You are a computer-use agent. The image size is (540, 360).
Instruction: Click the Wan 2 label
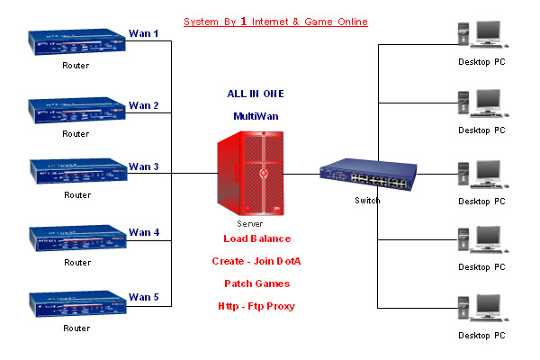pos(144,105)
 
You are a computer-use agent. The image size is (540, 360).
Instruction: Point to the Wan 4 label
pos(144,232)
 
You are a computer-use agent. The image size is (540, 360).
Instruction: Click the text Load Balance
pos(257,238)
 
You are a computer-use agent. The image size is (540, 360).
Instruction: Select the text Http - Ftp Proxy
pos(257,306)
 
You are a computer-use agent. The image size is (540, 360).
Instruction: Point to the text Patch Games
pos(257,283)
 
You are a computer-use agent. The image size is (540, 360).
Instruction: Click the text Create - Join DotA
pos(257,261)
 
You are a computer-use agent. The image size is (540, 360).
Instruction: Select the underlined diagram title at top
pos(275,21)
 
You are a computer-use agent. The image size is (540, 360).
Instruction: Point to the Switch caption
pos(367,201)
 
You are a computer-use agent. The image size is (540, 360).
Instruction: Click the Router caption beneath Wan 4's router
pos(76,263)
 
